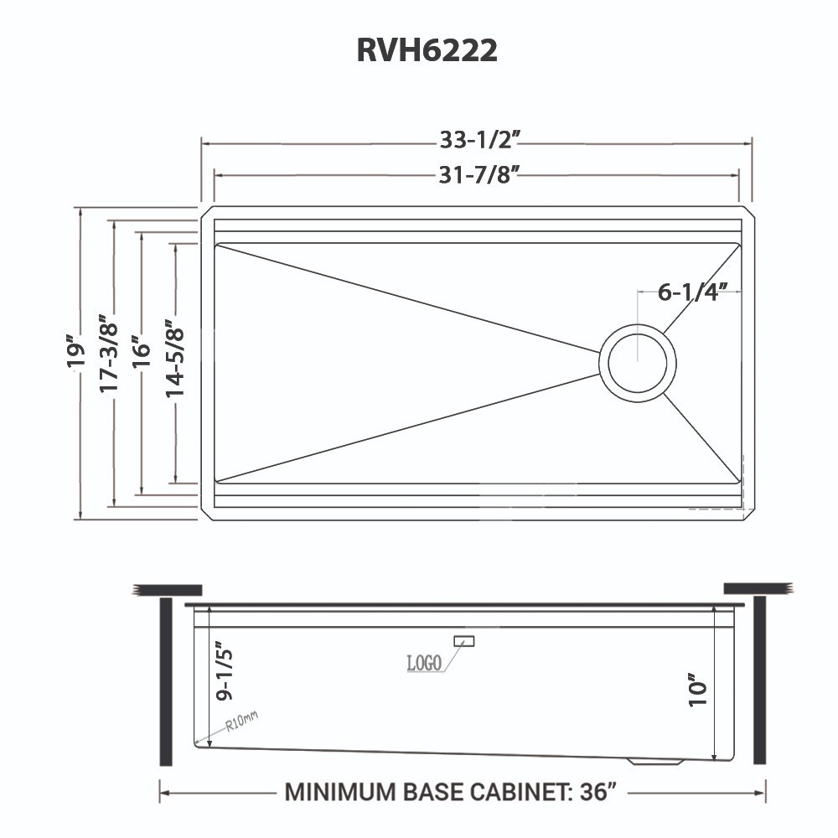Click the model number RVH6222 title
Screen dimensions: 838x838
tap(427, 50)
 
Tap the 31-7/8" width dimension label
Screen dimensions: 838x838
tap(475, 174)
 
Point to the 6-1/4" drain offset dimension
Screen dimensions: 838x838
tap(687, 292)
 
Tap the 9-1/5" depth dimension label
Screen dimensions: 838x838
tap(222, 671)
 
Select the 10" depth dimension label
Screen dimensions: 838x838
tap(698, 689)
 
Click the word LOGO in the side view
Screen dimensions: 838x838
tap(424, 664)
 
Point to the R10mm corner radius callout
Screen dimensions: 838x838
tap(241, 721)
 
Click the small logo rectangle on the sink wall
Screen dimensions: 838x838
tap(463, 641)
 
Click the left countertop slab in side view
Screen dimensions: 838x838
tap(168, 587)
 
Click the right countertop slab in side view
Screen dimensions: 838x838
tap(758, 587)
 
